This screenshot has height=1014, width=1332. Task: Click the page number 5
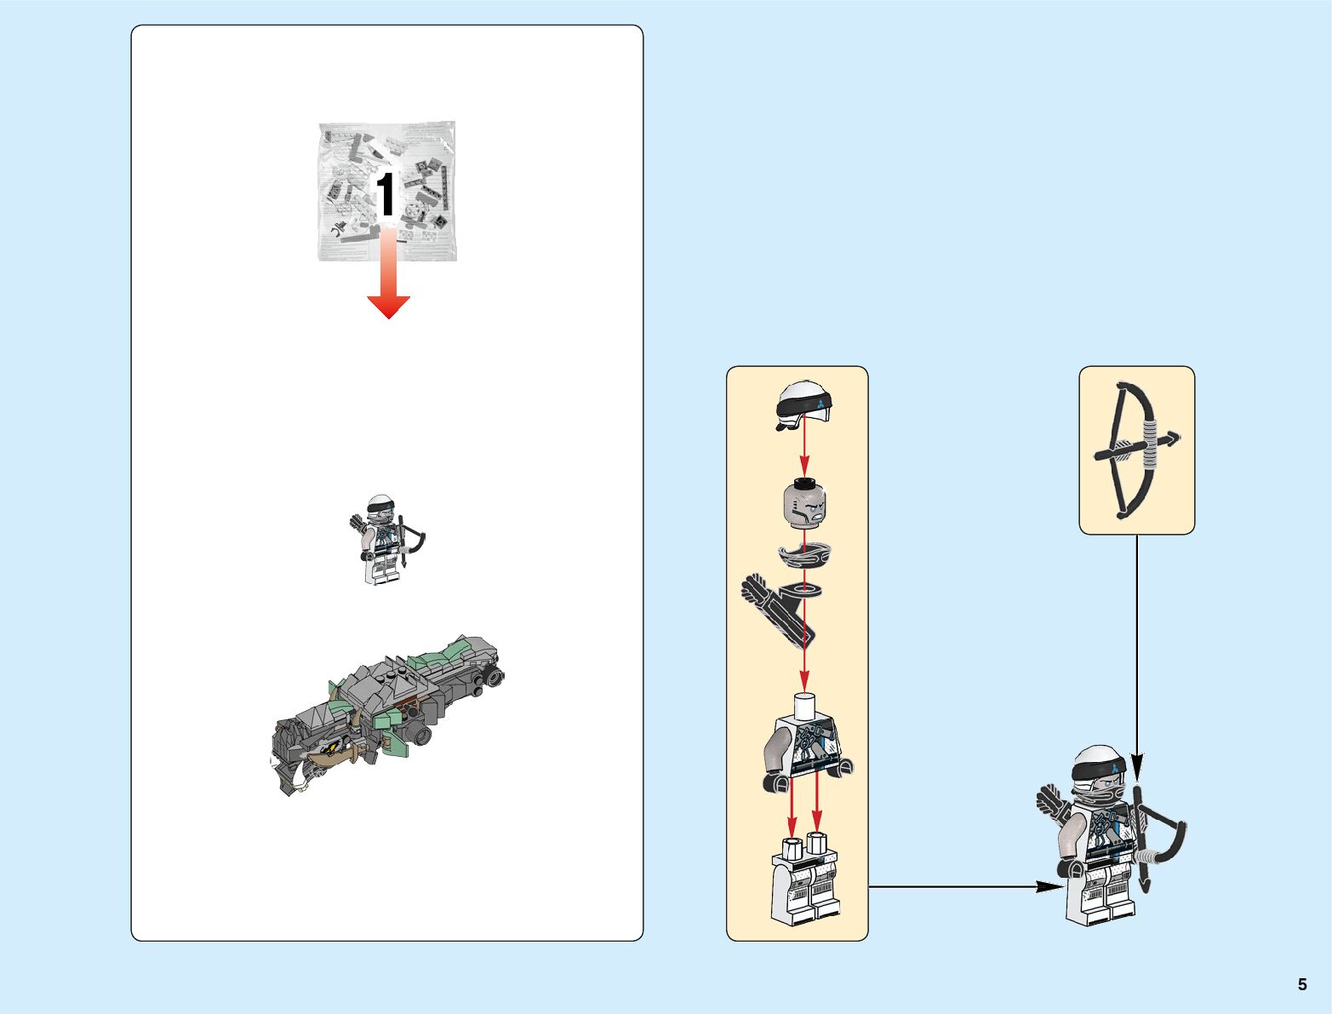click(1301, 984)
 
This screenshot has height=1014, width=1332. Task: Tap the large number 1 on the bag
click(386, 195)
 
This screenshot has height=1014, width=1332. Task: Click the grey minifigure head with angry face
click(805, 503)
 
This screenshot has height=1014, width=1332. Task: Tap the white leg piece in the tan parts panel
click(803, 881)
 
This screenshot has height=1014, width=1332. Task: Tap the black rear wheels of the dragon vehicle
click(493, 678)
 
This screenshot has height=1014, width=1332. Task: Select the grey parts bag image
click(387, 191)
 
